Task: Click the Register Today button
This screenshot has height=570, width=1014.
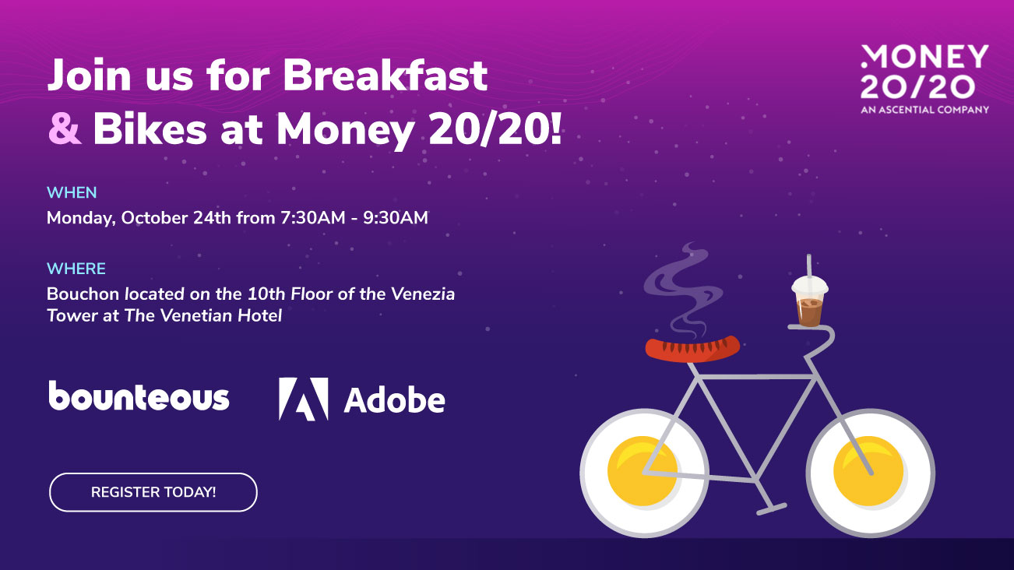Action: (x=153, y=492)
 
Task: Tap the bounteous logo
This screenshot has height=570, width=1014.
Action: (x=139, y=397)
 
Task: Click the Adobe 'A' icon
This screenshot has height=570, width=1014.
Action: (x=303, y=399)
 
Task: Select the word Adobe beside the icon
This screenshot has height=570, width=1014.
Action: (x=394, y=399)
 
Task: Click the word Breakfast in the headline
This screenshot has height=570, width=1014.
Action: (x=385, y=76)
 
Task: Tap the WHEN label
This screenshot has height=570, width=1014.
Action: (x=72, y=193)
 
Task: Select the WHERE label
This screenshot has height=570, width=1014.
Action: (x=76, y=269)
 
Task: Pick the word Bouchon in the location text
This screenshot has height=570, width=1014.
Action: (x=79, y=294)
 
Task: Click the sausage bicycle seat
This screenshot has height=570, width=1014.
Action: (x=692, y=347)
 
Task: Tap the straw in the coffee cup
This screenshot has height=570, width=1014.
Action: (x=808, y=264)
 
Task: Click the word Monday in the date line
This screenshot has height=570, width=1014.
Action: (x=80, y=218)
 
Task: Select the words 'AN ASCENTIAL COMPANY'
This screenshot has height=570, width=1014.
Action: (x=924, y=110)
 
